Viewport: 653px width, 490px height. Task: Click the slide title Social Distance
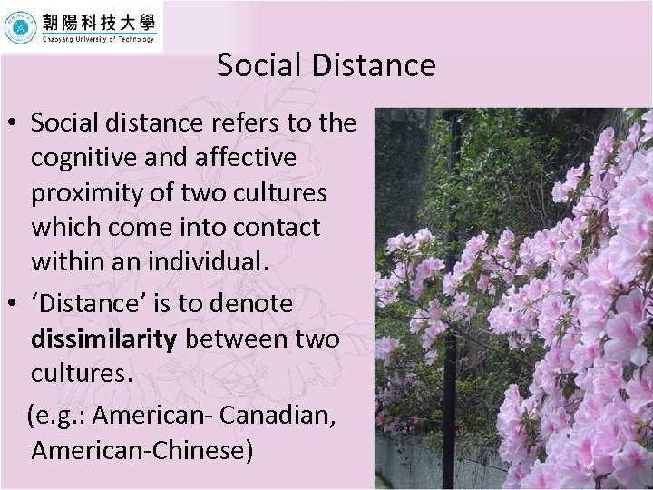(x=326, y=65)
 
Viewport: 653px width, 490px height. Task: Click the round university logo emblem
(x=20, y=27)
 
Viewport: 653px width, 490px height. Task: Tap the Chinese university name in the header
(x=98, y=22)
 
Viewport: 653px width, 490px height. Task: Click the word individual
(x=202, y=263)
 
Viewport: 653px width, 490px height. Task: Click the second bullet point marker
(x=13, y=305)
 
